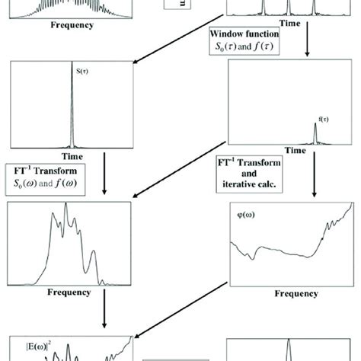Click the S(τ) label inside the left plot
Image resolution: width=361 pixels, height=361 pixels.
[x=83, y=72]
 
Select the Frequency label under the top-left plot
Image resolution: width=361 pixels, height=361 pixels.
[x=72, y=24]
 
